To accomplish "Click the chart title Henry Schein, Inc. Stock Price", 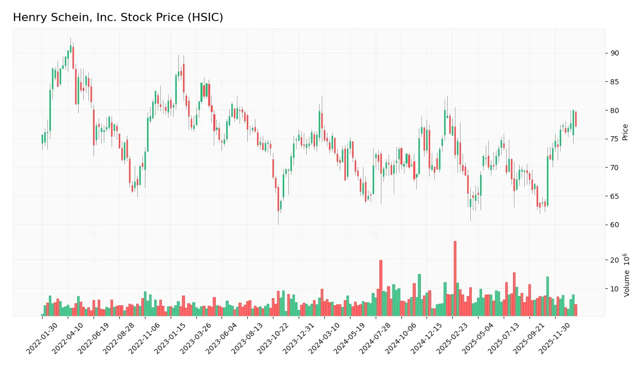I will point(118,17).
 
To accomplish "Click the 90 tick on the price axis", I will point(615,53).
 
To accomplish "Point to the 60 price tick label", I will point(615,225).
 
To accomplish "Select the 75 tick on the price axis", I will point(615,139).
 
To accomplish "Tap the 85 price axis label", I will point(615,82).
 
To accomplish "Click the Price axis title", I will point(625,132).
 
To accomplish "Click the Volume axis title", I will point(627,275).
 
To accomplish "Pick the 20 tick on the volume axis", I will point(615,261).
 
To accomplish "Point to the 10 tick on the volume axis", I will point(615,289).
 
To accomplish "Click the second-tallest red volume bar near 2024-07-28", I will point(381,288).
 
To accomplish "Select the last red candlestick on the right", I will point(576,119).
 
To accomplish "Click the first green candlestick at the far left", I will point(42,139).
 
